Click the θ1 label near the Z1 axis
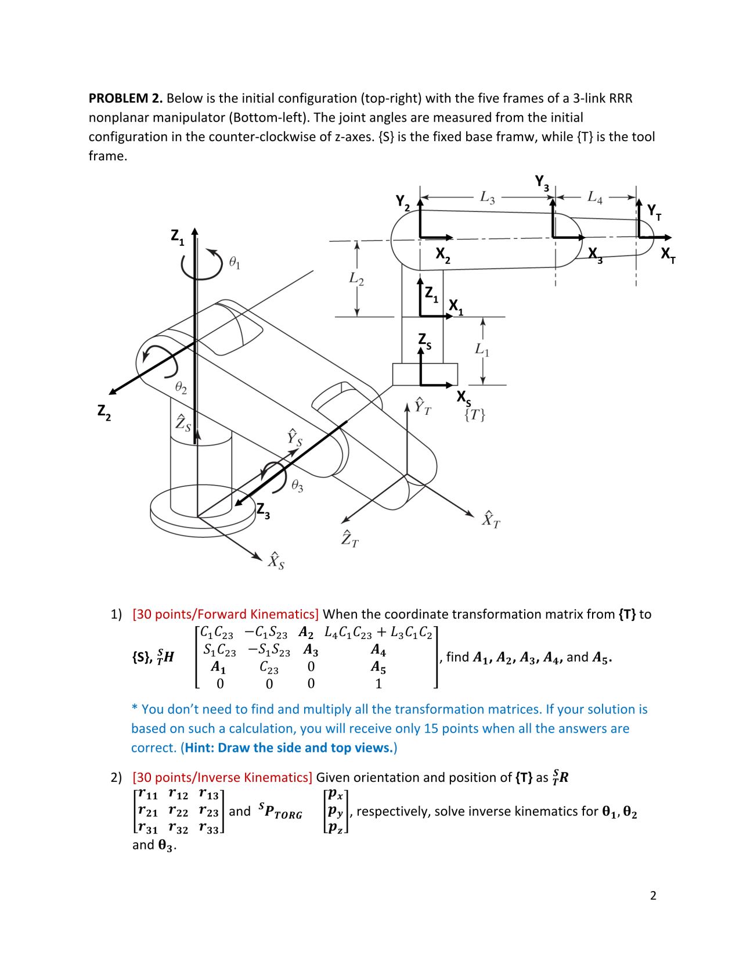click(x=235, y=264)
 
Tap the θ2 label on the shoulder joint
click(x=181, y=387)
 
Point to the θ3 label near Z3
click(x=297, y=486)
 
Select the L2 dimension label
click(x=356, y=279)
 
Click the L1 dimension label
click(x=482, y=350)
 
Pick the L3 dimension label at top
click(x=488, y=198)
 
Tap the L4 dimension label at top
click(x=595, y=198)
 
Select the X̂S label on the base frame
click(x=276, y=561)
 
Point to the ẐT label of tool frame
click(x=350, y=540)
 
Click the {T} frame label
click(x=475, y=415)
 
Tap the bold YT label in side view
click(x=654, y=211)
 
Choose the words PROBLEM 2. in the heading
click(x=125, y=98)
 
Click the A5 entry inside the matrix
click(x=378, y=667)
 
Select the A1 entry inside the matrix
click(x=218, y=667)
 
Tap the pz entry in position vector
click(x=336, y=828)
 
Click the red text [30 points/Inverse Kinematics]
click(x=222, y=777)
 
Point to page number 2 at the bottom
click(x=653, y=895)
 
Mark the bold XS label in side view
click(x=464, y=397)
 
